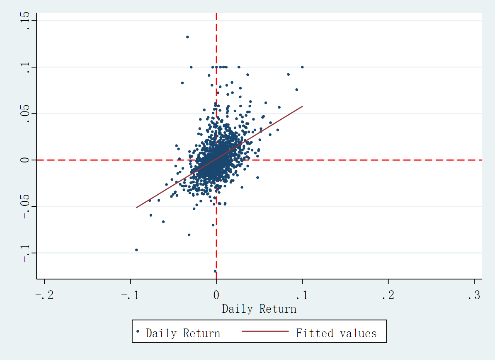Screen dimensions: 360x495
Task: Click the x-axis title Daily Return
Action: click(259, 309)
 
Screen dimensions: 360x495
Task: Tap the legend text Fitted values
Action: click(336, 333)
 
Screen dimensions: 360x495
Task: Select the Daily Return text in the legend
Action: click(183, 333)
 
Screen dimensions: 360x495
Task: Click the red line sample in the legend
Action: click(265, 331)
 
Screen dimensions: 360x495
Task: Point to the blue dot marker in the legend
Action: click(138, 331)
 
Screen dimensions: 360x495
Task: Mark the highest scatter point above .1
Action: click(187, 37)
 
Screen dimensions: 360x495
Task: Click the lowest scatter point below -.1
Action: click(215, 271)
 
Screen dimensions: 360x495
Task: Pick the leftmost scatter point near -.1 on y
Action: click(136, 250)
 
